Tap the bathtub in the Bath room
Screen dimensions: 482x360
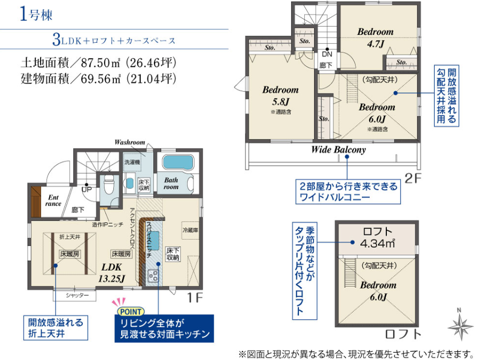(178, 162)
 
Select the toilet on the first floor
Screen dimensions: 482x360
(109, 185)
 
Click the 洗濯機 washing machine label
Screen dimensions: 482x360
(132, 162)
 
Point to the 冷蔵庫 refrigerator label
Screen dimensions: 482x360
(190, 229)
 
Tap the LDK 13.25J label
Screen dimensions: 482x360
(112, 273)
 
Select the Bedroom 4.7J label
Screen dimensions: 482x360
(375, 37)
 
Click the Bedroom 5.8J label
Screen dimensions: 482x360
(280, 95)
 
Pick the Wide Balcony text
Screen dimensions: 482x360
(338, 150)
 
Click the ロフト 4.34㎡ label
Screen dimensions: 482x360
(377, 238)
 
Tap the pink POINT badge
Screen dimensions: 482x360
(131, 312)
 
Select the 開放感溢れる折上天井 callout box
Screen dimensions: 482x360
(56, 328)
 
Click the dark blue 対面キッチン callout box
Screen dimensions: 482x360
(164, 328)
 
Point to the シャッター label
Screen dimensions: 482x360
(77, 295)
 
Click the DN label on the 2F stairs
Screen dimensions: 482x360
(327, 54)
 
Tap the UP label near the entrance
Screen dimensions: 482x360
(87, 189)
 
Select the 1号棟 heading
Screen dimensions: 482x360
(36, 15)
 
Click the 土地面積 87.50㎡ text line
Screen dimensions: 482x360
(98, 63)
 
